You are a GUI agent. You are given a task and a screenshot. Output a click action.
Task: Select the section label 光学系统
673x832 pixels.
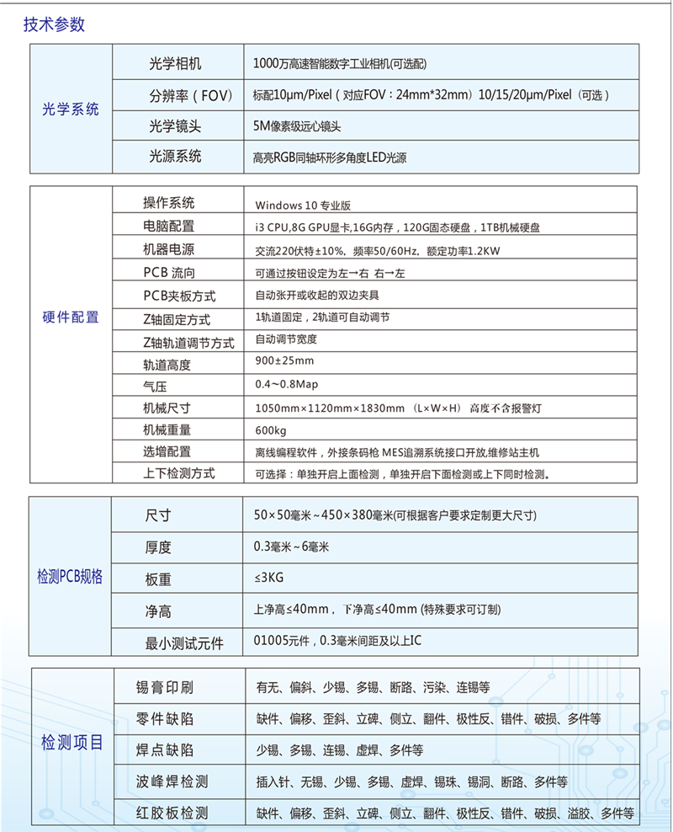[71, 109]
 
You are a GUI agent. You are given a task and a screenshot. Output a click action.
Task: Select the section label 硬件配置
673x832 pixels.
[71, 317]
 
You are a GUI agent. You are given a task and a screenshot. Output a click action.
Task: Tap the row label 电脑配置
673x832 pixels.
[168, 226]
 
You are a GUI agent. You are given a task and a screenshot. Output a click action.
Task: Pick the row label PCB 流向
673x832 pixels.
[168, 273]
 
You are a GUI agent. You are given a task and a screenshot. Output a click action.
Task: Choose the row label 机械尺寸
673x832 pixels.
[168, 408]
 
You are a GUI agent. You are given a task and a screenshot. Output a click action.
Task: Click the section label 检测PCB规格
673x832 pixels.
[71, 577]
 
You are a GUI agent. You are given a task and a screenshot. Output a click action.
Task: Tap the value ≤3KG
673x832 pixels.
[267, 578]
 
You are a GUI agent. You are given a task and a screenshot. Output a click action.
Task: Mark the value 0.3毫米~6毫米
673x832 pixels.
[291, 547]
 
